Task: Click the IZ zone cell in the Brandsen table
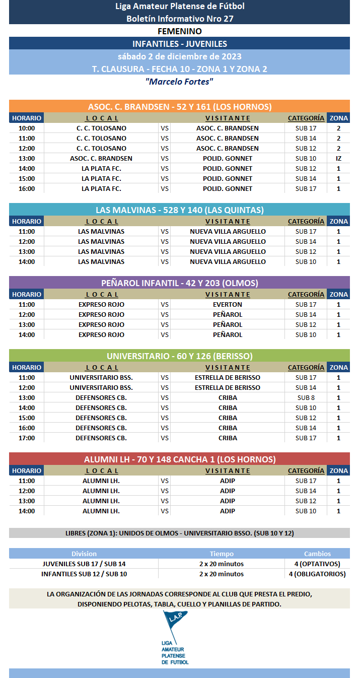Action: [338, 158]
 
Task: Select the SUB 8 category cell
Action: [306, 397]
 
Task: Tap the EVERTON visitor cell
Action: [227, 304]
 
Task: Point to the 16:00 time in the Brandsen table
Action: [27, 188]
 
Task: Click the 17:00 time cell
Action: [27, 438]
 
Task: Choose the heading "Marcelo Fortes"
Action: [179, 82]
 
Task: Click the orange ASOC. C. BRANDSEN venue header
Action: [179, 107]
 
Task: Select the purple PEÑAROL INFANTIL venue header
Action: [179, 283]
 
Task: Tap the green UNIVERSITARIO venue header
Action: [179, 356]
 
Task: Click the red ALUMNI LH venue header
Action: [179, 459]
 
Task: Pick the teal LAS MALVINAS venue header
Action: [179, 210]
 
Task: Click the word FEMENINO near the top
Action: [179, 31]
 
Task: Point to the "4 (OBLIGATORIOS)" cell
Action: [317, 574]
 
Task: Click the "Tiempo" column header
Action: [222, 554]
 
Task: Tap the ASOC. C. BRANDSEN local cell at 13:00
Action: [101, 158]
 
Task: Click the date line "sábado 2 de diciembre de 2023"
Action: [179, 56]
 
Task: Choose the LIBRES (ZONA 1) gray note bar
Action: [179, 533]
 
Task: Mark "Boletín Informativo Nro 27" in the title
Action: [179, 19]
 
